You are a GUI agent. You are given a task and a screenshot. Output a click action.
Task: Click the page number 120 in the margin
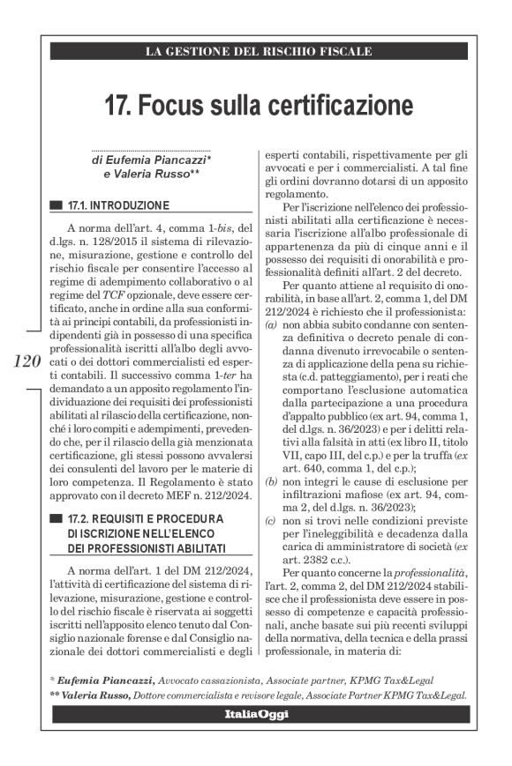click(28, 362)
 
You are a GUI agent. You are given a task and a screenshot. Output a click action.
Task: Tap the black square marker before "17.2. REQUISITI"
click(56, 522)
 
